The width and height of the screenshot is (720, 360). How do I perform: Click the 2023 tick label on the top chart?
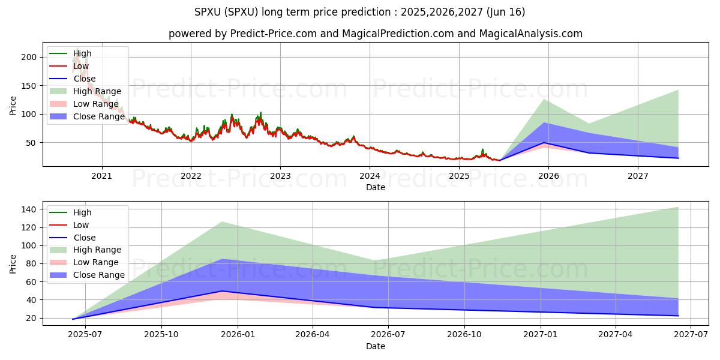[280, 176]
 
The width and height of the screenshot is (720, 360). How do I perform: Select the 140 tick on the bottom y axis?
[31, 209]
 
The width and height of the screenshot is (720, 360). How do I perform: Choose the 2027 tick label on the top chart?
[638, 176]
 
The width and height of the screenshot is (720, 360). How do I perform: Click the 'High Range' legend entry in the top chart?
[97, 91]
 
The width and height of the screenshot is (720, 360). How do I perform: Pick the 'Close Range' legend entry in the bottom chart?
[99, 275]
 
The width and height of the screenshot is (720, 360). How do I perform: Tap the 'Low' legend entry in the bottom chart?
[81, 225]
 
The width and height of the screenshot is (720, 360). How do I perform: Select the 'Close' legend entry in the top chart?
[84, 79]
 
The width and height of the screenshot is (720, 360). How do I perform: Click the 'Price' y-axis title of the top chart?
[13, 106]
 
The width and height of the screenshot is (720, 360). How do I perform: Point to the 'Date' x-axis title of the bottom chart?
[376, 346]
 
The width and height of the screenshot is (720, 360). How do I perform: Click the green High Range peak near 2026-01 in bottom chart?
[222, 222]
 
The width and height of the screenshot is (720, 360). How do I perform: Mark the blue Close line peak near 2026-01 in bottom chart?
[222, 291]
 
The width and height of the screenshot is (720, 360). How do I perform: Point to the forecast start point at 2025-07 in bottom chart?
[73, 319]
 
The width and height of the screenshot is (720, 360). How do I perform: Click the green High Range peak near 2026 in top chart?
[544, 99]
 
